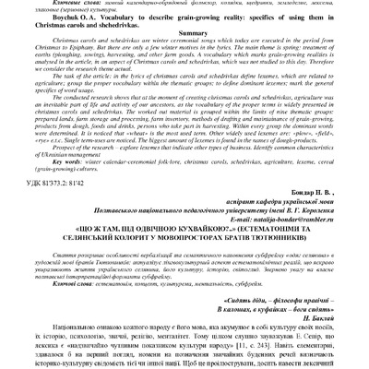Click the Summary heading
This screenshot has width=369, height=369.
[184, 54]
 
